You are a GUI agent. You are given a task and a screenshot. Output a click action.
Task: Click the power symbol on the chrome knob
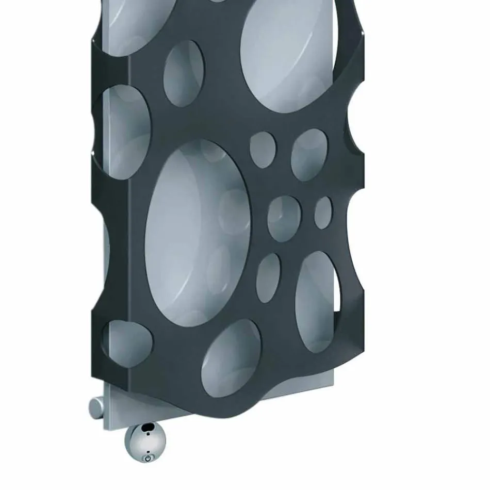148,457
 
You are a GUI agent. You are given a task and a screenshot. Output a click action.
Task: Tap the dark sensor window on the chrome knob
149,427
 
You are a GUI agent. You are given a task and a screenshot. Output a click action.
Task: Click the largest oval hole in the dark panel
198,233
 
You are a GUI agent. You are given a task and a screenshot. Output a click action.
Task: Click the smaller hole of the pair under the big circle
263,150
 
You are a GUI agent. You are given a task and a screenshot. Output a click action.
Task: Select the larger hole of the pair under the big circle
309,155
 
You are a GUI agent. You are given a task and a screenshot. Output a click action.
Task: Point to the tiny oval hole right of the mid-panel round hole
323,213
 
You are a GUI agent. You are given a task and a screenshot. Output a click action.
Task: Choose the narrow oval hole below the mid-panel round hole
269,278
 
